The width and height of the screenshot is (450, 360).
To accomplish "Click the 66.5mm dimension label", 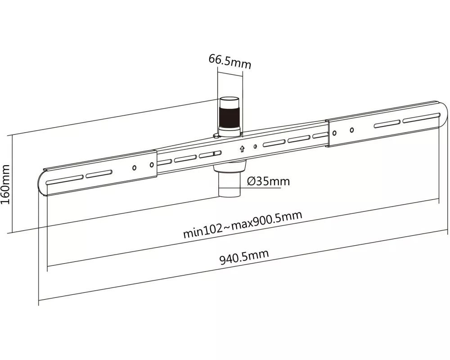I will pos(229,61).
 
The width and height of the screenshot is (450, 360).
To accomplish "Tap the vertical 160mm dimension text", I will pos(6,184).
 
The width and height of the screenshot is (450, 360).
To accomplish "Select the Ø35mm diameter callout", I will pos(269,181).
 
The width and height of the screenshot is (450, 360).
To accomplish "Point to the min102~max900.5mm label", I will pos(242,224).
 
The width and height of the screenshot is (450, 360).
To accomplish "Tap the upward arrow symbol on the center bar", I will pos(242,148).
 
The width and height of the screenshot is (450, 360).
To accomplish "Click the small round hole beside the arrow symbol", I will pos(255,146).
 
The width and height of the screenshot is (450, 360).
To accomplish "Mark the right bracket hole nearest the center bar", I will pos(334,132).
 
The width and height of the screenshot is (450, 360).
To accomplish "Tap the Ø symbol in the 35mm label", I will pos(252,181).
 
